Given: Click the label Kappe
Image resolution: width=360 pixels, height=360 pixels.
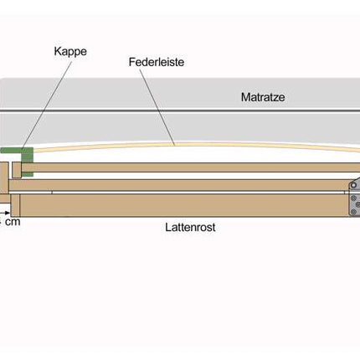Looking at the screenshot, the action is click(x=70, y=52).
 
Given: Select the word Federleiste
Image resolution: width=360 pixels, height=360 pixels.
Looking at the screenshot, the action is click(x=157, y=62).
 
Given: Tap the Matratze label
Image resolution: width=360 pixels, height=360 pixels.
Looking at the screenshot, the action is click(x=263, y=97).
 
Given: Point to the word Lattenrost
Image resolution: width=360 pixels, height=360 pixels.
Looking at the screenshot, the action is click(x=190, y=227).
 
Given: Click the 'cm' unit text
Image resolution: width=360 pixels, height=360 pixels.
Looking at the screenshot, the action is click(x=13, y=222).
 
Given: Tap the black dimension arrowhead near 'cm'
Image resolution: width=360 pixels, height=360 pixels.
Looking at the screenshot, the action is click(x=8, y=213).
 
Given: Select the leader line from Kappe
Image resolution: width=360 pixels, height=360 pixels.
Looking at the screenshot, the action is click(x=47, y=105).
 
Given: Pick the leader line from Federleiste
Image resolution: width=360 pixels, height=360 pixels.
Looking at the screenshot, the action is click(x=157, y=107).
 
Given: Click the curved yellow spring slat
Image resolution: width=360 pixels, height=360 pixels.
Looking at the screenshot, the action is click(x=195, y=144).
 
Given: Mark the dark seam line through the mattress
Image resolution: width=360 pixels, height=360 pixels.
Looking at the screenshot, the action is click(x=180, y=111).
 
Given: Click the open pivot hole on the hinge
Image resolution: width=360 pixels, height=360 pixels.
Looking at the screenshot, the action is click(x=353, y=185).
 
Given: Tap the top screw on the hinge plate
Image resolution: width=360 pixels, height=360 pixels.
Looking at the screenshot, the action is click(x=353, y=198).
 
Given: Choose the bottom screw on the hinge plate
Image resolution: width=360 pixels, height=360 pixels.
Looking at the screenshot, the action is click(x=353, y=211).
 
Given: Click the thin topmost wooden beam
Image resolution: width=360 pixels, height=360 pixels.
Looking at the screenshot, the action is click(x=191, y=167).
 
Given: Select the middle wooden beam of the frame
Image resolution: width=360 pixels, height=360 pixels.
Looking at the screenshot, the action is click(x=178, y=185).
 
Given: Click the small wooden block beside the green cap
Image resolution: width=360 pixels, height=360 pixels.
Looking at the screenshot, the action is click(x=17, y=170).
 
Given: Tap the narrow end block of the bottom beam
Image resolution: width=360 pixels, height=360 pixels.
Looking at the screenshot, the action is click(x=15, y=205).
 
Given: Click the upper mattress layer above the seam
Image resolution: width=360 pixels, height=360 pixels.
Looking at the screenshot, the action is click(x=180, y=94).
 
